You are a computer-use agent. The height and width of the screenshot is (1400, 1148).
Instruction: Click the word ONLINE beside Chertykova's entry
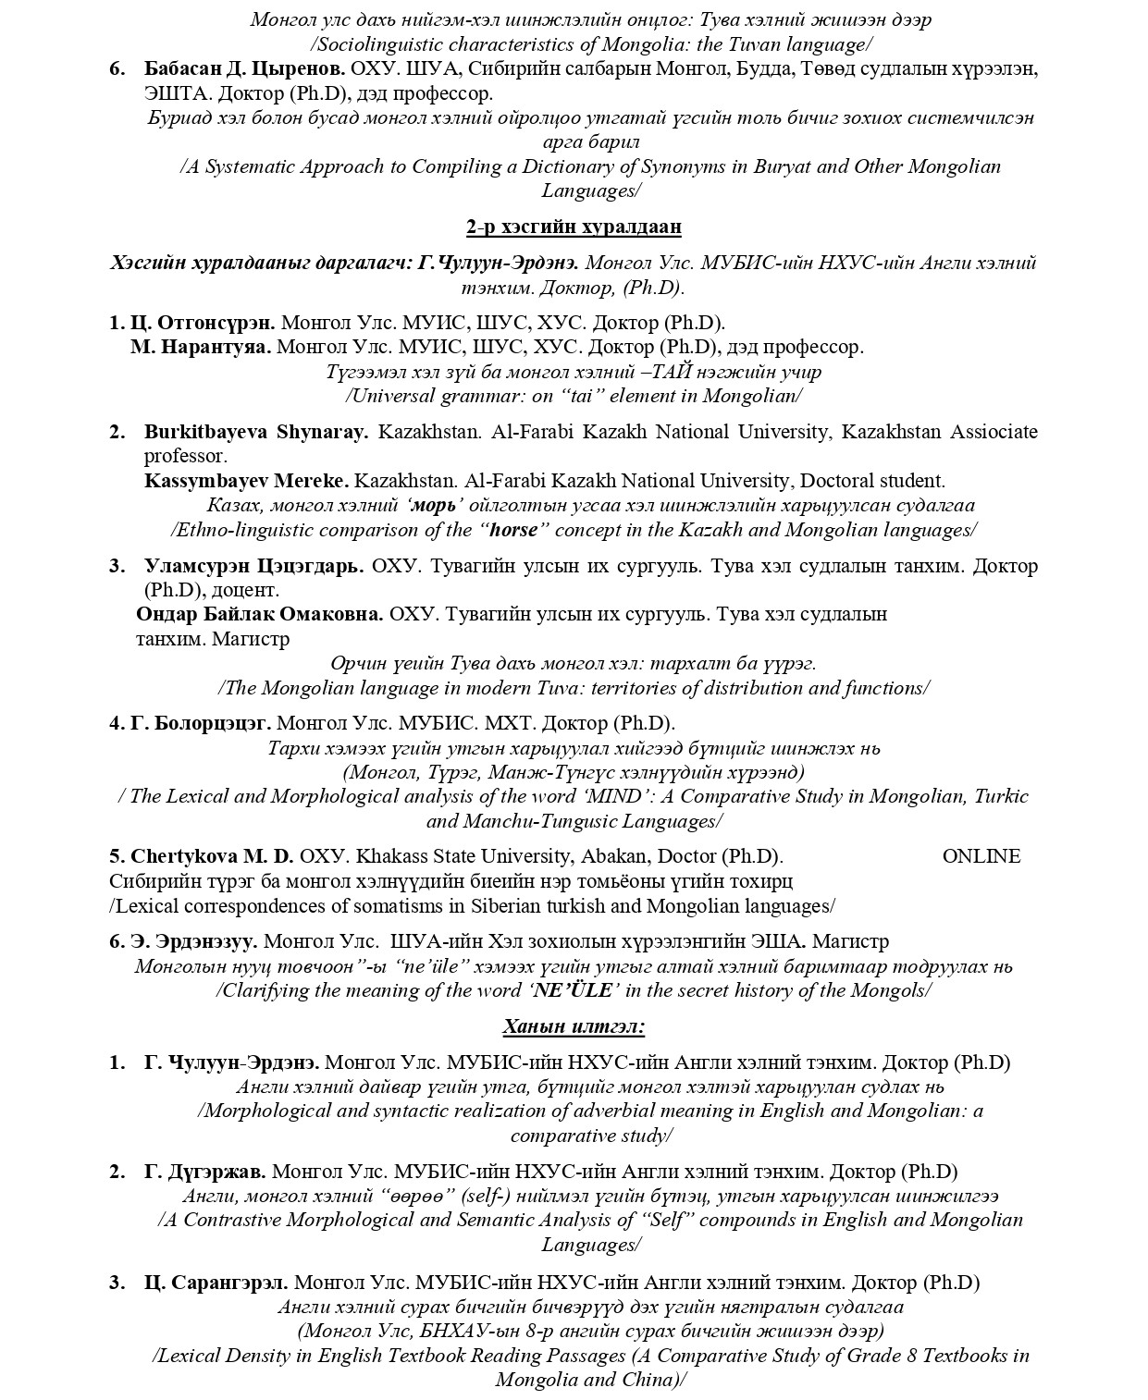(x=981, y=856)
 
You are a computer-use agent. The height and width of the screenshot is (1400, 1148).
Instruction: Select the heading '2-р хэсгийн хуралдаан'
(x=574, y=227)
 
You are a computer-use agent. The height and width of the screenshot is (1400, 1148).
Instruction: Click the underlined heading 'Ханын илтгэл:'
(x=574, y=1026)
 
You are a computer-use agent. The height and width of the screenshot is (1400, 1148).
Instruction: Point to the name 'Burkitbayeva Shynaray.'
(x=256, y=432)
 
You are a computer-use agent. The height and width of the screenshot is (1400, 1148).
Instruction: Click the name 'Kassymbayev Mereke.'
(x=246, y=481)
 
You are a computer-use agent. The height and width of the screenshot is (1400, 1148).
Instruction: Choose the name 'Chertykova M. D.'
(x=212, y=856)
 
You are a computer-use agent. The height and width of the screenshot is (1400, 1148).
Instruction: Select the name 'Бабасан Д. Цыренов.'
(x=245, y=68)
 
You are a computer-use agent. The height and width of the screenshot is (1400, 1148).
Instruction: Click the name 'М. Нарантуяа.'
(x=201, y=347)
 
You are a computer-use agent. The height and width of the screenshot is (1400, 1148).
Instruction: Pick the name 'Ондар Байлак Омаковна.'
(x=259, y=614)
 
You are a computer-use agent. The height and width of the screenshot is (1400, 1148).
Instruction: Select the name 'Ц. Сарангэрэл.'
(x=216, y=1283)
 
